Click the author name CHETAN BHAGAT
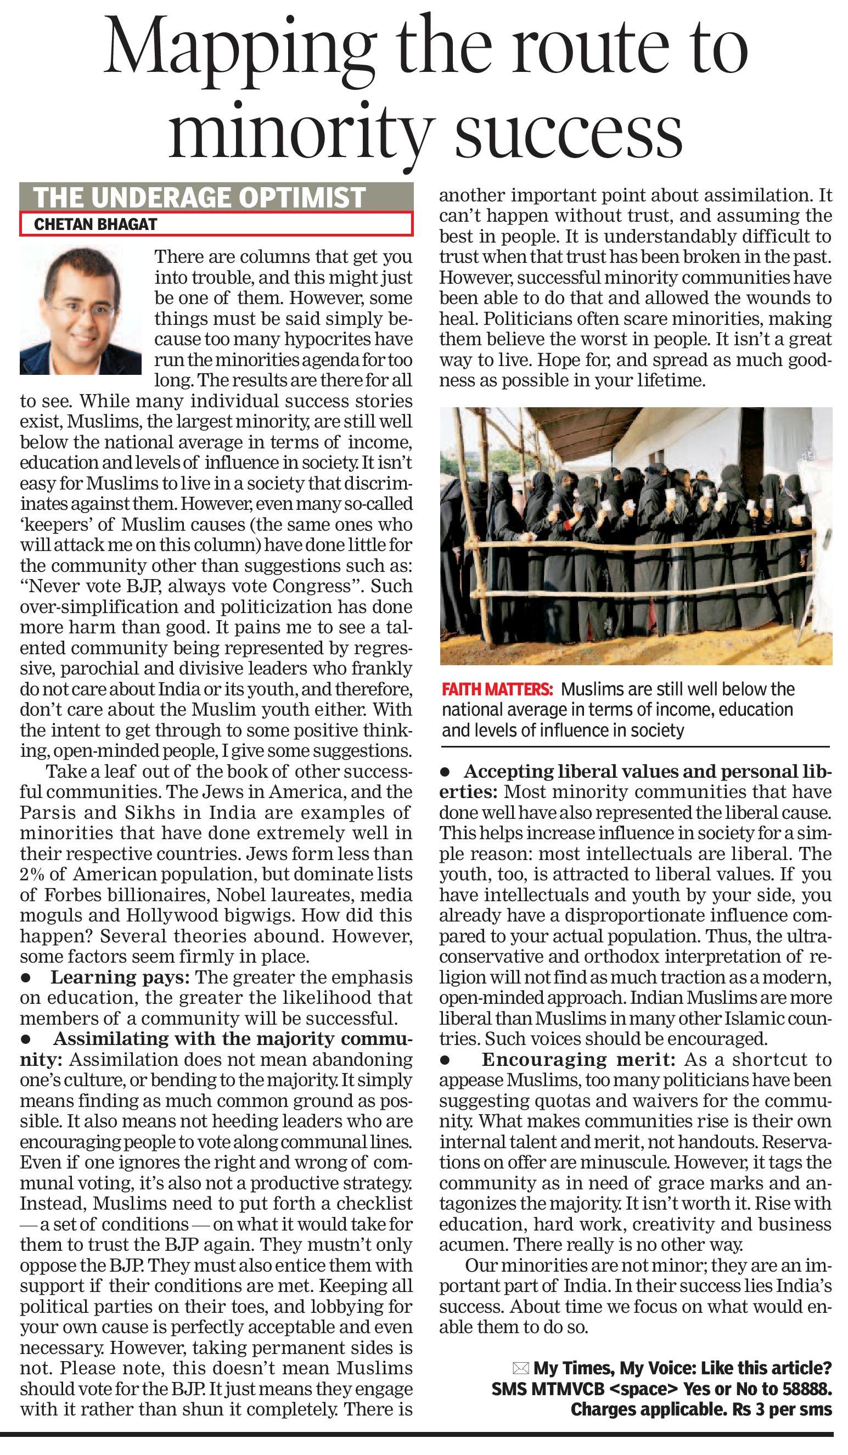(96, 224)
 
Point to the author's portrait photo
(81, 312)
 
